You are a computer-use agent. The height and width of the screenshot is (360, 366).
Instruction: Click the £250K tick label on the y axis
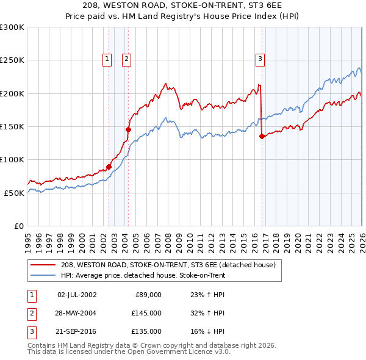click(x=12, y=60)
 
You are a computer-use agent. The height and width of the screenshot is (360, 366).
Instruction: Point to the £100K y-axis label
click(x=12, y=159)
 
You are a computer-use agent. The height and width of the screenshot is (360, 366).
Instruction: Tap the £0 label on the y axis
click(x=18, y=226)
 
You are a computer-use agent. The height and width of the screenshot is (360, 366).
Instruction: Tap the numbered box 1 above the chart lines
click(x=107, y=59)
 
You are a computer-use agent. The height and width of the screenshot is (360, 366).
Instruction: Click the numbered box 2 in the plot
click(x=126, y=59)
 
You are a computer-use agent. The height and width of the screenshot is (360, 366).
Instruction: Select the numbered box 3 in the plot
click(x=260, y=59)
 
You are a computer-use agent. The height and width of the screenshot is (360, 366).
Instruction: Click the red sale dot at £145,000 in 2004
click(x=129, y=129)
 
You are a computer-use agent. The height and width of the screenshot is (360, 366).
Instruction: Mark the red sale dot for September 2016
click(x=262, y=136)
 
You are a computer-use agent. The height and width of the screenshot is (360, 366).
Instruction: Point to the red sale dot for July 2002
click(x=109, y=167)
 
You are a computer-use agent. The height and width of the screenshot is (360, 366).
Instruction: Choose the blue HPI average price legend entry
click(x=143, y=276)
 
